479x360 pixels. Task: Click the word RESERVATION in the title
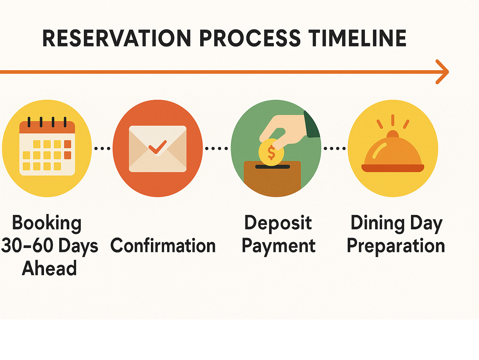coord(117,38)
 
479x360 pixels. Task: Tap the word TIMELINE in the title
coord(357,38)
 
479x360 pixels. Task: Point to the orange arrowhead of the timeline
coord(442,72)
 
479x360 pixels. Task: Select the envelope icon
coord(157,149)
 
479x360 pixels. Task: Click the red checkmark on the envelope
coord(157,147)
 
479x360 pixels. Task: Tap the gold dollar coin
coord(271,152)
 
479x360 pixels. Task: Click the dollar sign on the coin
coord(271,152)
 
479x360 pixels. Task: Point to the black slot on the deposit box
coord(273,167)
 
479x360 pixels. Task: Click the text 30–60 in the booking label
coord(27,246)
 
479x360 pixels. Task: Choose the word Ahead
coord(49,268)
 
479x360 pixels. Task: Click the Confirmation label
coord(163,246)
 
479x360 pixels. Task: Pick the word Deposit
coord(278,223)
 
